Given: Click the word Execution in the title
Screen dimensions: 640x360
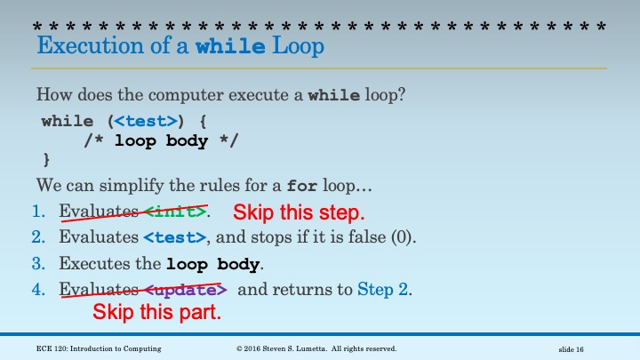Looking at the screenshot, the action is click(90, 45).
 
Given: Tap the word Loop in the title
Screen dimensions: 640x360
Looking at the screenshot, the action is click(298, 46).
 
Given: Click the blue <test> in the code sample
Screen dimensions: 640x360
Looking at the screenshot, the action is click(146, 121).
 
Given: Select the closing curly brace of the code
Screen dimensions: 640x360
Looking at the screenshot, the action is click(46, 160).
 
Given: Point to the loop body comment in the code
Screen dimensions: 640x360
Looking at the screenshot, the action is click(161, 140).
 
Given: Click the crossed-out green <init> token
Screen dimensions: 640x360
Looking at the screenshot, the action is click(175, 212).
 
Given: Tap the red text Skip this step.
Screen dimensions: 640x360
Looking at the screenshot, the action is click(299, 212).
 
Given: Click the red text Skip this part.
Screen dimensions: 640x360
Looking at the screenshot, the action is click(156, 313).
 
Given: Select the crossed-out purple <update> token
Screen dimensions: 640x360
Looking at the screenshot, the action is click(186, 290).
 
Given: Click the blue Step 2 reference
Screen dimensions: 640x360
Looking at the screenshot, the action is click(382, 290).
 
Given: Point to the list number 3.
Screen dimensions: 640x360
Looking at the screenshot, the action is click(38, 264).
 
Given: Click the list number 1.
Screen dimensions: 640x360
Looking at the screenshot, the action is click(38, 212).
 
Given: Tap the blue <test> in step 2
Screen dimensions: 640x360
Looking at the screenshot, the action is click(175, 237).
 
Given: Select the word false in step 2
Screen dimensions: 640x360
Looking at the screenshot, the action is click(366, 237).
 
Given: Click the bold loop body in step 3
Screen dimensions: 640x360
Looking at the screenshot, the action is click(212, 264).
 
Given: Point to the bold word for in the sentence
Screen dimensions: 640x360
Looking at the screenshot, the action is click(301, 186).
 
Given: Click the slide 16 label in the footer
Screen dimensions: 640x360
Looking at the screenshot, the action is click(571, 349).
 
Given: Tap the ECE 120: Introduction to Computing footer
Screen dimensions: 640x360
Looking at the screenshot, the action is click(99, 348).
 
